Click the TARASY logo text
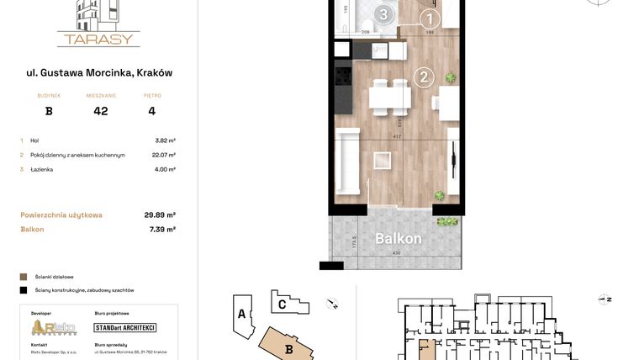[x=98, y=39]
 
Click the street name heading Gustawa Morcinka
[x=99, y=72]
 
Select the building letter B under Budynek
[x=49, y=110]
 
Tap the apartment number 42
[x=101, y=110]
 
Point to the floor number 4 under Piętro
[x=151, y=110]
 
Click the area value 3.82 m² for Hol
[x=165, y=140]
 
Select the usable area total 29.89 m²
[x=160, y=214]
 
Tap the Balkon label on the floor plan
[x=398, y=239]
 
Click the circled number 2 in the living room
[x=425, y=78]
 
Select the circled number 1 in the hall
[x=429, y=19]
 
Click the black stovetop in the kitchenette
[x=343, y=77]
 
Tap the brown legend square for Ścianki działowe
[x=24, y=276]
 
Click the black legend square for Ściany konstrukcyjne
[x=24, y=290]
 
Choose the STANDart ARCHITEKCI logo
[x=125, y=327]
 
